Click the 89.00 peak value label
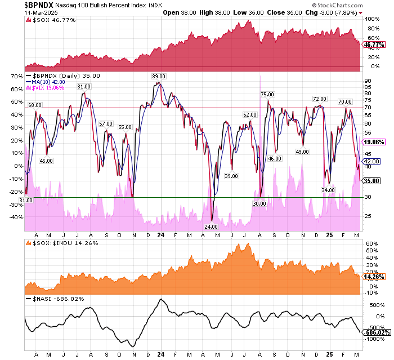(158, 76)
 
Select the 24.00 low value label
(211, 226)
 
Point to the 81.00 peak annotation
(84, 86)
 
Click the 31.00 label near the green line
(26, 200)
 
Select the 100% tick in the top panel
(372, 19)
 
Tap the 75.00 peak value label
(267, 94)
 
